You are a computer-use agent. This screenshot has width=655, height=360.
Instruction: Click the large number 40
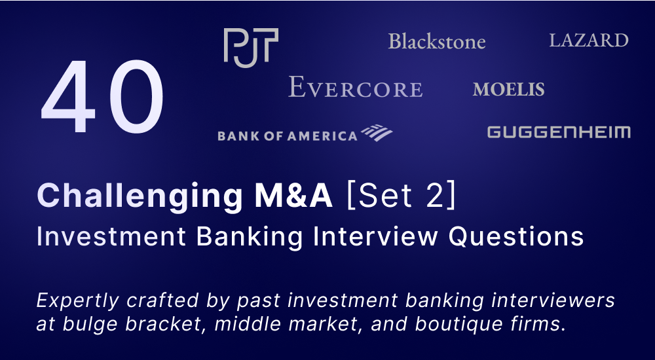click(x=102, y=97)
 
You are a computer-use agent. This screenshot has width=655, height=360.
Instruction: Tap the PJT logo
click(x=251, y=48)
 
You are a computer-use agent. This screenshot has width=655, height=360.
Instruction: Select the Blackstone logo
click(x=437, y=41)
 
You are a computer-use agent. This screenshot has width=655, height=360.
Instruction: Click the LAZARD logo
click(x=589, y=41)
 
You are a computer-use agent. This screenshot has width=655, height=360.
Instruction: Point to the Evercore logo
click(x=356, y=87)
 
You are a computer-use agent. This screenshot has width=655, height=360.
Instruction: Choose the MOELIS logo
click(x=509, y=90)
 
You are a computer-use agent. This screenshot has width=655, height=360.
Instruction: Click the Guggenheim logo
click(x=559, y=132)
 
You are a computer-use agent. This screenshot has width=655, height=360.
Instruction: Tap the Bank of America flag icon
click(x=377, y=132)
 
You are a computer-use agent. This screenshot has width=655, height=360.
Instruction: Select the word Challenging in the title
click(x=140, y=196)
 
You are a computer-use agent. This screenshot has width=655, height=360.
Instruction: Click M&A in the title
click(x=295, y=196)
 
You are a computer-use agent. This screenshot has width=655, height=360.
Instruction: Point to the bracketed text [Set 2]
click(x=401, y=196)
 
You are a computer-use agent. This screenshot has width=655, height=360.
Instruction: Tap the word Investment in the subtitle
click(x=111, y=236)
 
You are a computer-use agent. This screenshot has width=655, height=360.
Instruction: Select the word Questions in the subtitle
click(x=516, y=237)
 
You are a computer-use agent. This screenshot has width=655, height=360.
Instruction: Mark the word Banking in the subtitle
click(x=250, y=237)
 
